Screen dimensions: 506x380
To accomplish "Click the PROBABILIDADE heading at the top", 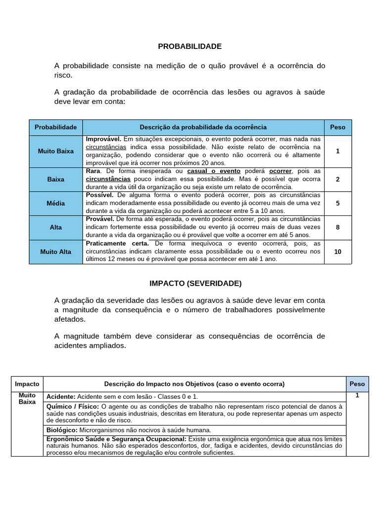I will click(x=190, y=46).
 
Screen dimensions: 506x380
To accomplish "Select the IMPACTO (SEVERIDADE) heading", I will click(x=195, y=283).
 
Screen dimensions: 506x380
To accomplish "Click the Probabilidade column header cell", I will click(x=56, y=127).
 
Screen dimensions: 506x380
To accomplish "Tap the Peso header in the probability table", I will click(x=337, y=127).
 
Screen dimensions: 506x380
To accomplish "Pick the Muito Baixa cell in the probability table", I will click(x=56, y=151).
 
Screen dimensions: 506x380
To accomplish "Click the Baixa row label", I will click(x=56, y=179).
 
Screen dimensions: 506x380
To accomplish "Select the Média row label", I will click(x=56, y=203).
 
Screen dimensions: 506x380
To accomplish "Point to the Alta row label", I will click(x=56, y=227).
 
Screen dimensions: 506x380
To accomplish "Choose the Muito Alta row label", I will click(x=56, y=252).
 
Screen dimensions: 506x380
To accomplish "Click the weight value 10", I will click(x=337, y=252).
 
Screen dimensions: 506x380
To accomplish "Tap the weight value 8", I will click(x=337, y=227).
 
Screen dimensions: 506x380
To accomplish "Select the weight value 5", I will click(x=337, y=203).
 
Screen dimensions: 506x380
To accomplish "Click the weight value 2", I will click(x=337, y=179).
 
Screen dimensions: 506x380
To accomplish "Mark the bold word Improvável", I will click(x=103, y=139).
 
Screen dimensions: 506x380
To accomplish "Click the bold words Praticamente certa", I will click(x=117, y=244).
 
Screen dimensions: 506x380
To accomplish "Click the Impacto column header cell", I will click(x=27, y=384).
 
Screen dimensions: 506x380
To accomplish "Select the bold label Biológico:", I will click(x=62, y=430).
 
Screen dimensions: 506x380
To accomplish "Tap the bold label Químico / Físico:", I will click(x=73, y=406).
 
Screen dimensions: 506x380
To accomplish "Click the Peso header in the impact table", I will click(x=357, y=384).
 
